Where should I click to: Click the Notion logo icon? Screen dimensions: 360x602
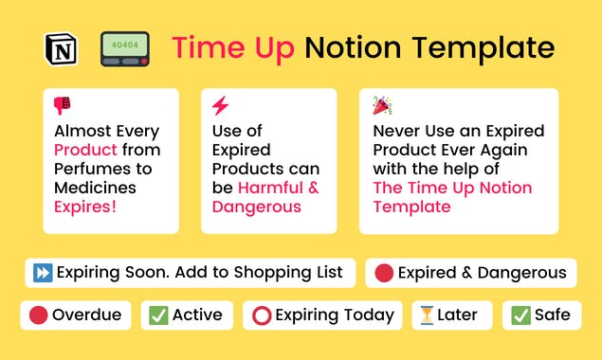(61, 48)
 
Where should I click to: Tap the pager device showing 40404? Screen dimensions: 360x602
(125, 48)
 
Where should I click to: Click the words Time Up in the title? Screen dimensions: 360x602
(230, 47)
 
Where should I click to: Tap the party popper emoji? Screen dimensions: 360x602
(381, 105)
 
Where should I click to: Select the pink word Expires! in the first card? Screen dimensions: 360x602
(84, 207)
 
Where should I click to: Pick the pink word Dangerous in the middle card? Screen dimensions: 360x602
(256, 207)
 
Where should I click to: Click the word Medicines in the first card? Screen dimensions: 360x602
(95, 188)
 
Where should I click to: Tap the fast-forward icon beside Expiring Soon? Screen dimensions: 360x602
(42, 273)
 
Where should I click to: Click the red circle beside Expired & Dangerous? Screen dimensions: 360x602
(384, 273)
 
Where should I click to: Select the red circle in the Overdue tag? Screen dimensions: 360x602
(39, 315)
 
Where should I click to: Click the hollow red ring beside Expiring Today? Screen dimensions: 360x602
(262, 315)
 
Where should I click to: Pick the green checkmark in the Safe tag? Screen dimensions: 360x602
(520, 315)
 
